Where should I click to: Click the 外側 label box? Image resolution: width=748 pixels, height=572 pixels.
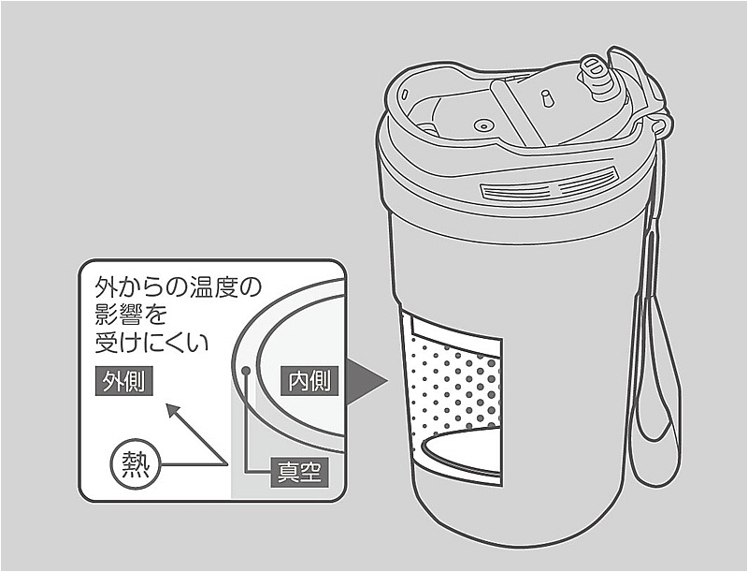[x=124, y=381]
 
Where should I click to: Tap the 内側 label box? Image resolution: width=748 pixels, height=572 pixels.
[x=309, y=381]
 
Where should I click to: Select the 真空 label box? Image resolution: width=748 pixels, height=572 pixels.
[x=299, y=472]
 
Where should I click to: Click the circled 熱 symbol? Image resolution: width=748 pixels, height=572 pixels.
[x=136, y=464]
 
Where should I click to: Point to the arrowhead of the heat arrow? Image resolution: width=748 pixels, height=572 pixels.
[x=173, y=411]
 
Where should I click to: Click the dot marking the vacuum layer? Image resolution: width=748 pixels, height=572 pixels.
[x=246, y=370]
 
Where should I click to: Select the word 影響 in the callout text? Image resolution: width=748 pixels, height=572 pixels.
[x=119, y=315]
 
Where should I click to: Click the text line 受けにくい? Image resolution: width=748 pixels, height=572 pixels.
[x=152, y=342]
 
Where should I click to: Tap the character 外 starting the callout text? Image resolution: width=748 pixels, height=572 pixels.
[x=106, y=287]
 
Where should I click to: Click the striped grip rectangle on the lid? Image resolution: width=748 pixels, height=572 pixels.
[x=550, y=185]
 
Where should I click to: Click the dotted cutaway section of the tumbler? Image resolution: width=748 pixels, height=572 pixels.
[x=454, y=382]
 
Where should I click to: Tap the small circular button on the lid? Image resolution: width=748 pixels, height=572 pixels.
[x=482, y=126]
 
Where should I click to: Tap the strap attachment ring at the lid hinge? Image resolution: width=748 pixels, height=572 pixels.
[x=659, y=126]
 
